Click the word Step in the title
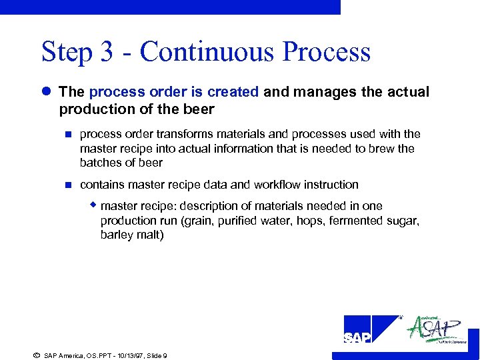[64, 52]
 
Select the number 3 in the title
[106, 52]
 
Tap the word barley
[117, 235]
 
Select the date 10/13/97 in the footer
[123, 355]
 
